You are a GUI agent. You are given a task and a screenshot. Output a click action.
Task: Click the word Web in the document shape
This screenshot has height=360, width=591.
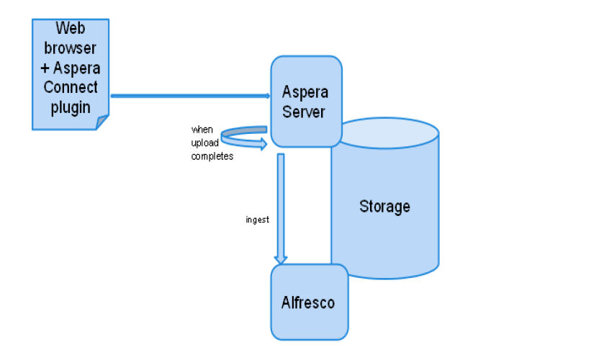click(71, 29)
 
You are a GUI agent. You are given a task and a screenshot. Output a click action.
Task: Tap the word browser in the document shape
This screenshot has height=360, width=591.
click(71, 48)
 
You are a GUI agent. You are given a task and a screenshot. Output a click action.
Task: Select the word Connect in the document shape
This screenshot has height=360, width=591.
click(71, 88)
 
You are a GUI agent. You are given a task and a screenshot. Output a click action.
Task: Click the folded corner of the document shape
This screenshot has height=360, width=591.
click(102, 123)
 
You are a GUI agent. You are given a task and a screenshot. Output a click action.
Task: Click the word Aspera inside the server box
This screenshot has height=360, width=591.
click(306, 92)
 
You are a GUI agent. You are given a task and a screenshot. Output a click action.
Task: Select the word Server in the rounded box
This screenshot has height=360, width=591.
click(306, 112)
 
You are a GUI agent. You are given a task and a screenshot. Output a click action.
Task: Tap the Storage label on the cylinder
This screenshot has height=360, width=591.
click(384, 207)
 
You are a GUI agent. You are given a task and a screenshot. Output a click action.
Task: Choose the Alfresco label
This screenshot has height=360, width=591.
click(308, 302)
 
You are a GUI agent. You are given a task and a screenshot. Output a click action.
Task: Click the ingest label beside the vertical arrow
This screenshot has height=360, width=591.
click(257, 220)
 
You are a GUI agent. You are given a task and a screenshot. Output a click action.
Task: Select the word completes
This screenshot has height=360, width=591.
click(212, 156)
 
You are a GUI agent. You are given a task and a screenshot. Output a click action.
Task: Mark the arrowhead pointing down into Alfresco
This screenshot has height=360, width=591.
click(281, 259)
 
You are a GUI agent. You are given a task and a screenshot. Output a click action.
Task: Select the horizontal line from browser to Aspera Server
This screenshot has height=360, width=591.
click(187, 95)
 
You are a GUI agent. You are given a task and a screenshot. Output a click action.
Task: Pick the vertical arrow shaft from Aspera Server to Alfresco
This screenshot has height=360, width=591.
click(281, 202)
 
